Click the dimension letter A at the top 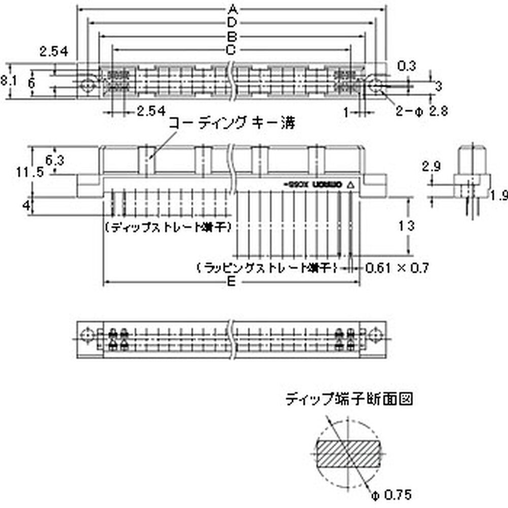[x=232, y=9]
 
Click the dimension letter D [x=232, y=22]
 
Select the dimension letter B [x=232, y=37]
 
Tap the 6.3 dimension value [x=55, y=161]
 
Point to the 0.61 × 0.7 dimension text [x=398, y=267]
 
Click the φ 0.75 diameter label [x=391, y=494]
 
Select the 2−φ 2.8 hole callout [x=422, y=111]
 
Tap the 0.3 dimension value [x=406, y=66]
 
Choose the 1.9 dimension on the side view [x=499, y=194]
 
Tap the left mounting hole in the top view [x=89, y=84]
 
